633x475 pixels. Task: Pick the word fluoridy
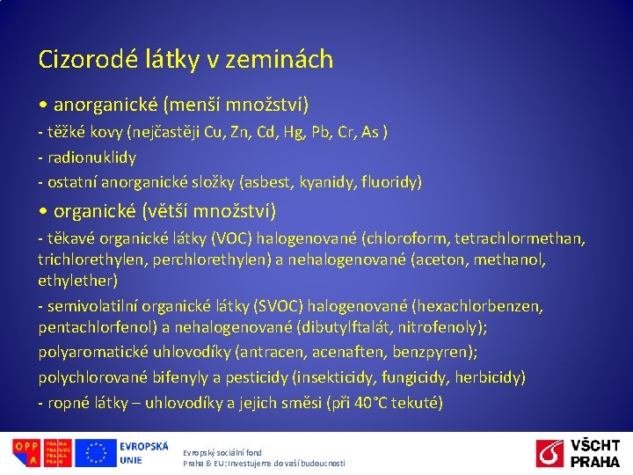(393, 182)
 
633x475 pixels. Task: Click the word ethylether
(76, 281)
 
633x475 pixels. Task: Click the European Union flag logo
(95, 453)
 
